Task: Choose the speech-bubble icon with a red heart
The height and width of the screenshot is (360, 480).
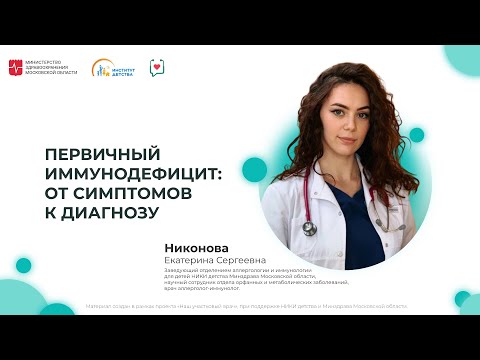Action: [157, 68]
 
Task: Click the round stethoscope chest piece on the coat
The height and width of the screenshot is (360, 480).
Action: [309, 229]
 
